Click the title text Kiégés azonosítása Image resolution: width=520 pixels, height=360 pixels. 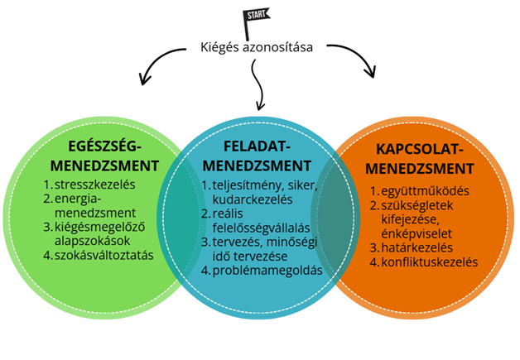point(257,46)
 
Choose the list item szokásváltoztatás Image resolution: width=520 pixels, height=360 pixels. point(103,255)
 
